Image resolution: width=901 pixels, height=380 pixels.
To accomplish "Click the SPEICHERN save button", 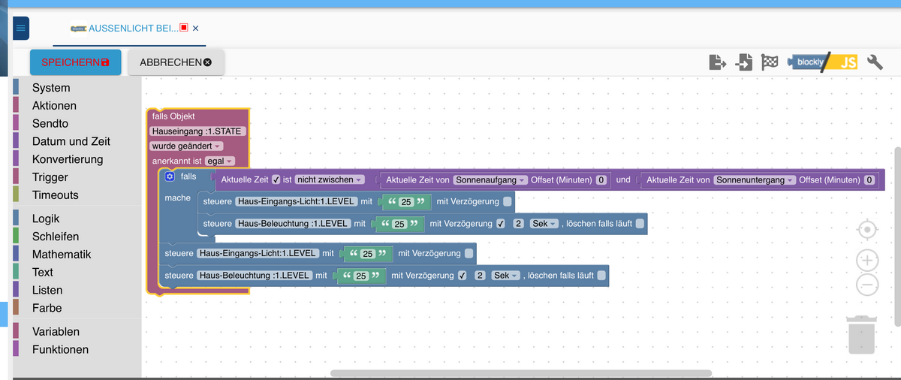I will tap(75, 62).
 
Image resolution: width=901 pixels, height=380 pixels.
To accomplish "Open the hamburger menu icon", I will tap(20, 29).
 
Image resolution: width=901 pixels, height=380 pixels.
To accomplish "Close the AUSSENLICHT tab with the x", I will tap(195, 29).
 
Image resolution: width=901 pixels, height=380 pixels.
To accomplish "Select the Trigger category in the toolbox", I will tap(50, 177).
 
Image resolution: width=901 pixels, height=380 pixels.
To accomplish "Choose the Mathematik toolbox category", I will tap(62, 255).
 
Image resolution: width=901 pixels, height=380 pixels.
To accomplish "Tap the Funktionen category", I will tap(60, 349).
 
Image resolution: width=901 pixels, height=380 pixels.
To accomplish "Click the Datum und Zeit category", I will tap(71, 141).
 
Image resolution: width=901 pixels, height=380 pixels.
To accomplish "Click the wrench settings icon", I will tap(875, 62).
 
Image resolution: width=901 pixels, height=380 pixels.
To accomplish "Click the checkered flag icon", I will tap(770, 62).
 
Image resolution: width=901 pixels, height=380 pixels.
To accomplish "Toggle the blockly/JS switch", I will tap(822, 62).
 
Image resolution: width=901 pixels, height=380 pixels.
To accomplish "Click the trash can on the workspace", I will tap(860, 334).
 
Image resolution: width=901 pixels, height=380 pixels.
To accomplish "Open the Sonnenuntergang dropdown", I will tap(754, 180).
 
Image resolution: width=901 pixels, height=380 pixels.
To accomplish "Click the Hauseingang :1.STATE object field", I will tap(198, 131).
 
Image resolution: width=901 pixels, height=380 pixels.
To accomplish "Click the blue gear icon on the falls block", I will tap(170, 176).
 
